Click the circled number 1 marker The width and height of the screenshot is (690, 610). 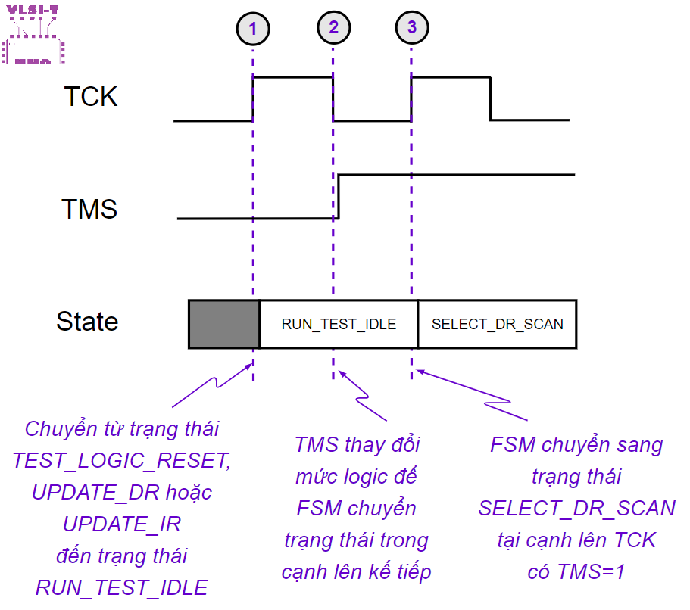[253, 30]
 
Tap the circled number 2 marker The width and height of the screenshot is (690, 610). [333, 28]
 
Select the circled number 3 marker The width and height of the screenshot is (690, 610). [411, 28]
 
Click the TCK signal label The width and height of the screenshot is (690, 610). [90, 97]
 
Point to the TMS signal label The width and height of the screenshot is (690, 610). [89, 209]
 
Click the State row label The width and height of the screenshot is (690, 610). [87, 322]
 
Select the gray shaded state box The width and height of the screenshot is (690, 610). [224, 324]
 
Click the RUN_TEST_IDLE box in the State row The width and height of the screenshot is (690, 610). [339, 324]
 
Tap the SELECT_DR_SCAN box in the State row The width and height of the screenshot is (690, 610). [497, 324]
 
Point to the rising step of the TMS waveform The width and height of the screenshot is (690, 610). [339, 196]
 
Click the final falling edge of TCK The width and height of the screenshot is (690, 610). [490, 98]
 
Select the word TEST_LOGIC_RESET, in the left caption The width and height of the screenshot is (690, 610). [120, 461]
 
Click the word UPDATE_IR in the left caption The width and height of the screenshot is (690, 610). [122, 524]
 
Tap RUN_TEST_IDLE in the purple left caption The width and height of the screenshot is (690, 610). [121, 587]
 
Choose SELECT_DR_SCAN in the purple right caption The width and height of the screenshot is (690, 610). [576, 508]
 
